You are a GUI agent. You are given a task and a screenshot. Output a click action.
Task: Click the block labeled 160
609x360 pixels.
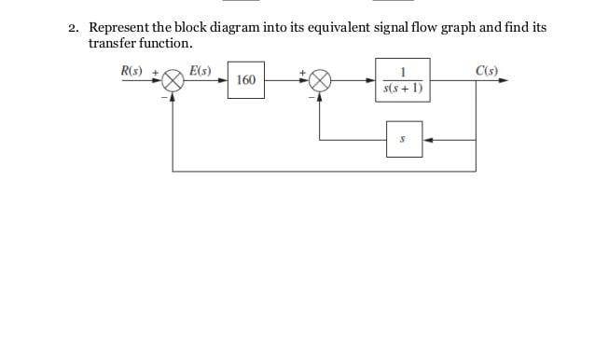246,80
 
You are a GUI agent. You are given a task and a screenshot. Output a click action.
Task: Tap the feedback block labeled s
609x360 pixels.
403,139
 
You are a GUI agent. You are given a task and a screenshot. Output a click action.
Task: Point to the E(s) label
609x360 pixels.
200,70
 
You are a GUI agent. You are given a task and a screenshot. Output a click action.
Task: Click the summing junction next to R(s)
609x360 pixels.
173,81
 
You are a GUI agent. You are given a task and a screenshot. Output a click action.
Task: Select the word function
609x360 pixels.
167,44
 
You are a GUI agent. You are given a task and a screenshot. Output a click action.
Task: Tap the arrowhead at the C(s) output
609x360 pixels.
504,81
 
